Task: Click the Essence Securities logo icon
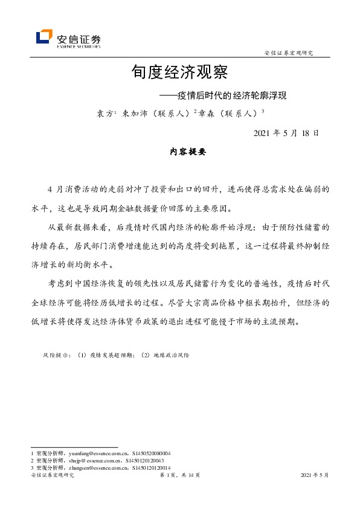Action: click(44, 37)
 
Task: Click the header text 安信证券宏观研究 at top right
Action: click(289, 53)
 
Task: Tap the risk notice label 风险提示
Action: click(56, 355)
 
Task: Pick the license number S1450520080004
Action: click(149, 453)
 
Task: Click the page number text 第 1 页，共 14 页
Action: click(179, 476)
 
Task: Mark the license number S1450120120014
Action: click(150, 467)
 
